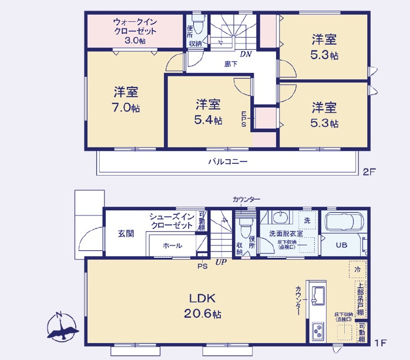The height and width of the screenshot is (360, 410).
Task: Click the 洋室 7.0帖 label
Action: point(126,99)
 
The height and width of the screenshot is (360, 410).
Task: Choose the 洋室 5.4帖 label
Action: point(209,112)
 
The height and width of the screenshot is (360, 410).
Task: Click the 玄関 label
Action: point(125,233)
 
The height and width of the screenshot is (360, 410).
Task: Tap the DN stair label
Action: point(246,54)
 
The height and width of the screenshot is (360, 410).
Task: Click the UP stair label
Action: point(221,262)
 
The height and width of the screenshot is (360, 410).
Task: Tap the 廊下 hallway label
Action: point(231,64)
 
